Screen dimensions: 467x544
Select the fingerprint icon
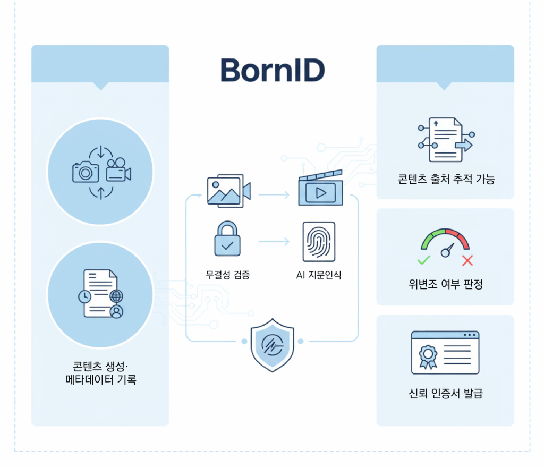319,242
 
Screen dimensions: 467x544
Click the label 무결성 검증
227,275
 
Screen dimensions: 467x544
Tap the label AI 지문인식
319,275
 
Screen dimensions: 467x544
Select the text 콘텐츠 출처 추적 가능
446,180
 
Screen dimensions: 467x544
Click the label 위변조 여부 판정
446,285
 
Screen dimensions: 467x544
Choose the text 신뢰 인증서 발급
446,394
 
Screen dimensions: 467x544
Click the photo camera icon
86,172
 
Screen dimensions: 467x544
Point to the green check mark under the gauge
423,260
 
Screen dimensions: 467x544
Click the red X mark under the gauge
467,260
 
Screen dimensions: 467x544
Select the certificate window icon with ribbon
445,352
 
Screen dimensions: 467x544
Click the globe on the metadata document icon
115,296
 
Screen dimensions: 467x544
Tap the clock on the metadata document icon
84,298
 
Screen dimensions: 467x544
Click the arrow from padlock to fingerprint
274,242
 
